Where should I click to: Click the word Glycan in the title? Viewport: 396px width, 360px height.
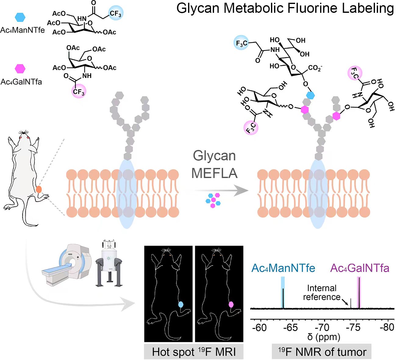[198, 9]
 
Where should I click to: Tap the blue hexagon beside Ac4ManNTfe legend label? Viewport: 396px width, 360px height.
[20, 17]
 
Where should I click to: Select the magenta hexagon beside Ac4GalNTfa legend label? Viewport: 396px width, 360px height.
[20, 69]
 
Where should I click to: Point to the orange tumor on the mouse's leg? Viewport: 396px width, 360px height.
[39, 190]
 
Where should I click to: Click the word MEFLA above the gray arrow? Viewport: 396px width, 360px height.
[214, 173]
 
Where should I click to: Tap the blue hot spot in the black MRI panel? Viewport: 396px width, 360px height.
[180, 304]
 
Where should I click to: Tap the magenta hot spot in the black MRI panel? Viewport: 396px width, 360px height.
[231, 304]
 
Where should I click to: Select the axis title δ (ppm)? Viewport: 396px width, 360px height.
[323, 337]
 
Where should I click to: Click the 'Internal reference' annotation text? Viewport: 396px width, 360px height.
[322, 293]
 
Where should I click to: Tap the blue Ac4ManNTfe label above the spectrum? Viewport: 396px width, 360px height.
[283, 268]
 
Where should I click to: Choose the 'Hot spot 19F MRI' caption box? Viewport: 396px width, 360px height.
[194, 352]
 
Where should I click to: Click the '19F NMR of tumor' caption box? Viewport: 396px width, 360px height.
[322, 352]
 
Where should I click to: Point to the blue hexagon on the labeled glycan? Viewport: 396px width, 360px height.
[310, 95]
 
